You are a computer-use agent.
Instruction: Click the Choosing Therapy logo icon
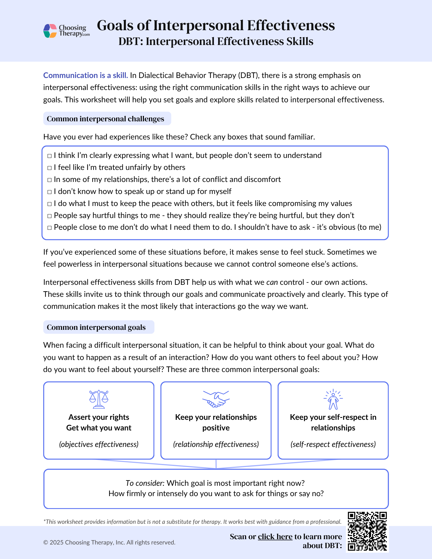[50, 31]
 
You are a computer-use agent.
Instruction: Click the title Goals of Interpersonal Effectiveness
[216, 25]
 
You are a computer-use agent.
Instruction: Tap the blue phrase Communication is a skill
[85, 75]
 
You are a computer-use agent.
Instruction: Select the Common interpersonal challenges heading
[105, 119]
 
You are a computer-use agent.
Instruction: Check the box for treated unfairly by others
[49, 168]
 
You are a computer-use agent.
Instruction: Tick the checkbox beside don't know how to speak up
[49, 192]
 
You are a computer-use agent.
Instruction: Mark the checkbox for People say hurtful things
[49, 216]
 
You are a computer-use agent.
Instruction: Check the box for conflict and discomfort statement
[49, 180]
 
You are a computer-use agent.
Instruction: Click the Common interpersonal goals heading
[96, 327]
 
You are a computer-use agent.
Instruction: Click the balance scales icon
[99, 399]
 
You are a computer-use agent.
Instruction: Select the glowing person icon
[333, 399]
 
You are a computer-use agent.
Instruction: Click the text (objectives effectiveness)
[99, 444]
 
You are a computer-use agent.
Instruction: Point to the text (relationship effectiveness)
[216, 444]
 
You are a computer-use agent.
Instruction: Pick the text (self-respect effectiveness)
[333, 444]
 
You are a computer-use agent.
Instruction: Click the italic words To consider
[144, 483]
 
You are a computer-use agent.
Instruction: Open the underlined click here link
[275, 537]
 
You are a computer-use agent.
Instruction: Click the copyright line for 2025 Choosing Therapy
[109, 542]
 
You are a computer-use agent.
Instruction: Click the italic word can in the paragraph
[272, 282]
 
